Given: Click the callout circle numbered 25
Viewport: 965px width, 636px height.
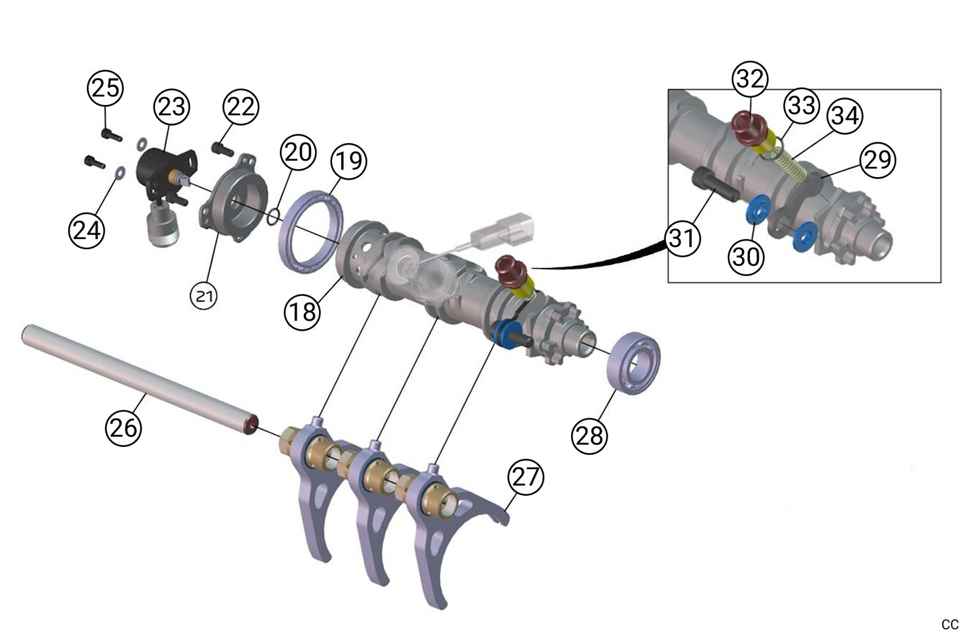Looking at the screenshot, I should coord(105,88).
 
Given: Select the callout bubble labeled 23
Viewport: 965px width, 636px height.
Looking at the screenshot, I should coord(172,106).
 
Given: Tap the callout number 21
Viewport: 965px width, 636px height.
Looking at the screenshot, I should coord(204,295).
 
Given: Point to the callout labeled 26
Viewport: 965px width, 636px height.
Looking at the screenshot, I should coord(124,426).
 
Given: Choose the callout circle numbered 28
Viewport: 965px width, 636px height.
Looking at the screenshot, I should coord(589,436).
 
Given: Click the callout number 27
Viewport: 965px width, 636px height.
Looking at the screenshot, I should coord(526,477).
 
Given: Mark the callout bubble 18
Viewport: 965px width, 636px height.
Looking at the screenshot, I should coord(303,311).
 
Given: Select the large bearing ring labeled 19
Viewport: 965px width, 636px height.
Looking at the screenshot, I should coord(313,230).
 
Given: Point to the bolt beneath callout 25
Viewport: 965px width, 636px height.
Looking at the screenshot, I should coord(111,134).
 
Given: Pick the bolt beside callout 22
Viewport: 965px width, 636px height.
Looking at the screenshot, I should coord(220,147).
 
